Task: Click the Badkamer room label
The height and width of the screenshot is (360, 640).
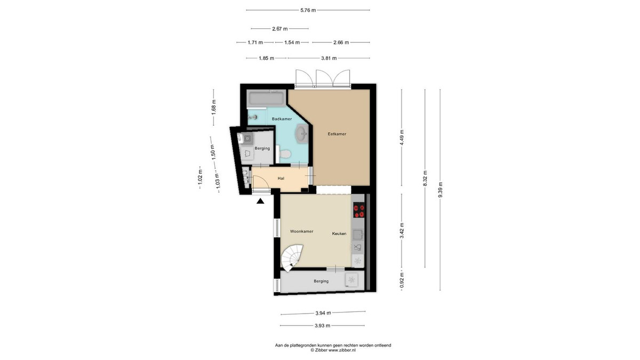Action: tap(282, 119)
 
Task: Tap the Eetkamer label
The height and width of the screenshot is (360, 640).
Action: tap(337, 134)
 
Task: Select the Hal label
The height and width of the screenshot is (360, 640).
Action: tap(281, 178)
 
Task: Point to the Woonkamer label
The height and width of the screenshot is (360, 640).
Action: tap(301, 231)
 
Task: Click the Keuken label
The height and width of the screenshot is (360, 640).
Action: tap(339, 234)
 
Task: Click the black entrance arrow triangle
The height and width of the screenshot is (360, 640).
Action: tap(260, 201)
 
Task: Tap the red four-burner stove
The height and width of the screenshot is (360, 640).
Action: tap(359, 210)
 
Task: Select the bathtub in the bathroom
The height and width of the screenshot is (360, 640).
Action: tap(266, 99)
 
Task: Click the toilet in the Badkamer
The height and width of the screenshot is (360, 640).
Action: tap(284, 154)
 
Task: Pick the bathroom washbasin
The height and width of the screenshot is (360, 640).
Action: tap(302, 133)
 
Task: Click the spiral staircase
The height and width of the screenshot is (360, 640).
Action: tap(292, 258)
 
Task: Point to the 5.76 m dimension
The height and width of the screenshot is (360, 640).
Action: tap(308, 10)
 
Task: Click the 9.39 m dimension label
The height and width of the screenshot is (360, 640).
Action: tap(441, 190)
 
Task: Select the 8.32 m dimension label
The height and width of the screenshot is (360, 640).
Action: tap(425, 179)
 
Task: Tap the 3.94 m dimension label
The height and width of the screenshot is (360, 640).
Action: tap(323, 313)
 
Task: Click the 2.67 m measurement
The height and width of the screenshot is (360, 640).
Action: tap(280, 29)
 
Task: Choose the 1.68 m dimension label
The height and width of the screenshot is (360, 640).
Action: tap(214, 107)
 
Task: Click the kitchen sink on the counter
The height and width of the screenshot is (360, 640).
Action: tap(358, 235)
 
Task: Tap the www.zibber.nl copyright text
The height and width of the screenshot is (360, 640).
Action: tap(333, 350)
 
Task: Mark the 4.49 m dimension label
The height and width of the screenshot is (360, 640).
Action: tap(402, 138)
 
